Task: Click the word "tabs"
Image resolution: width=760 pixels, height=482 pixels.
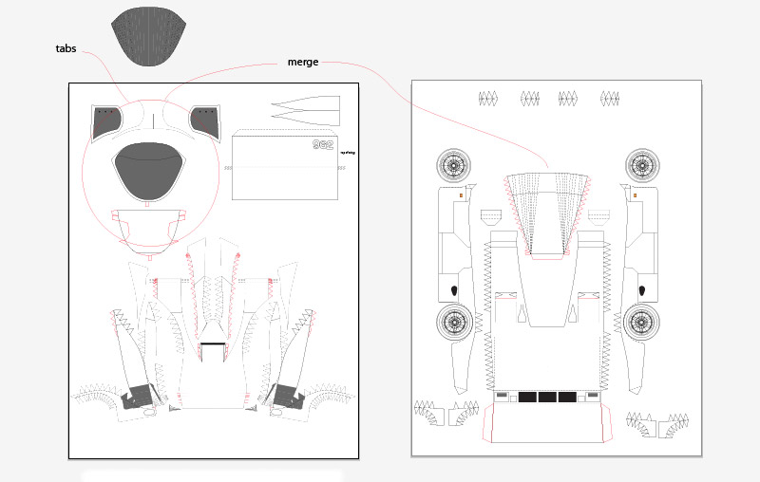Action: click(66, 48)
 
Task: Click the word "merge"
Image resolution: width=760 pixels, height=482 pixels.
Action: click(302, 63)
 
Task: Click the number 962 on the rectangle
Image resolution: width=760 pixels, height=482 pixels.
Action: click(324, 145)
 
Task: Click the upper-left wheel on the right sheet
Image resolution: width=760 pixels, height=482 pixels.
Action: click(455, 166)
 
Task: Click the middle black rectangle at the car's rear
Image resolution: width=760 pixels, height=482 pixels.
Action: click(547, 397)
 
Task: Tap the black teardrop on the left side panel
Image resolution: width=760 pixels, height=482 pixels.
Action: click(453, 289)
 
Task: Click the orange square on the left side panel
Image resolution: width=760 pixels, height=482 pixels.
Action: click(461, 195)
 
